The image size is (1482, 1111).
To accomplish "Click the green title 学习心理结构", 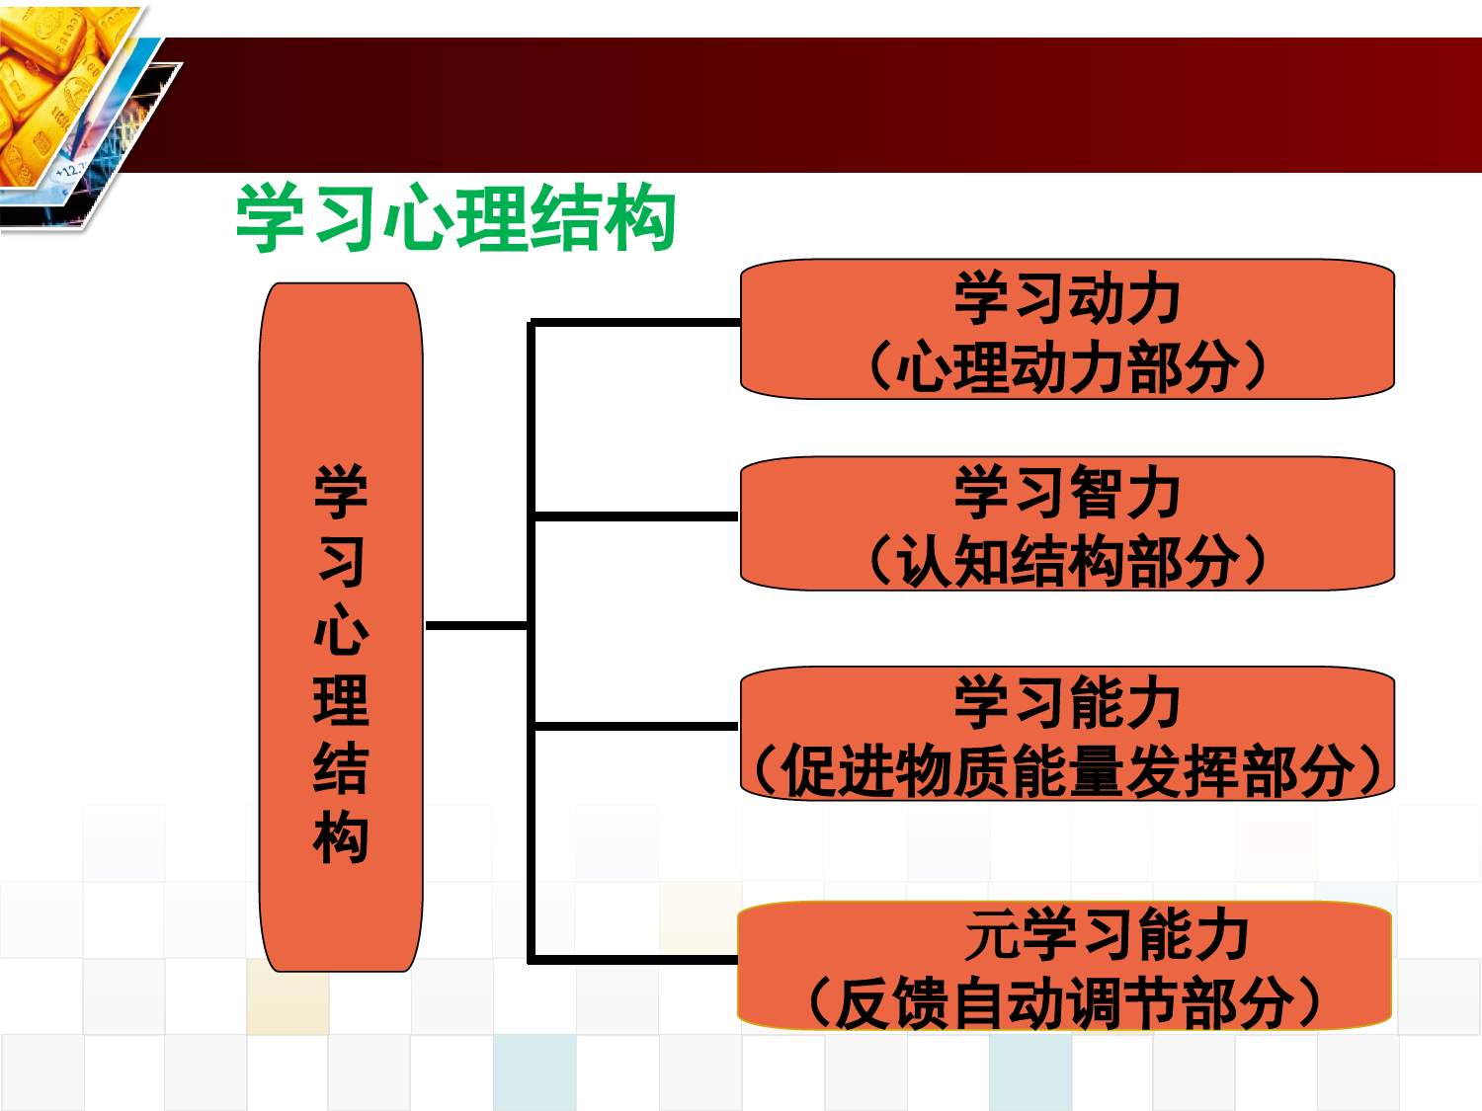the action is coord(455,217).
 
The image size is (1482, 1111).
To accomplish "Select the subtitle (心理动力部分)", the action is coord(1067,366).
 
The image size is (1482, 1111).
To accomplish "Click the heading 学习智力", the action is coord(1067,492).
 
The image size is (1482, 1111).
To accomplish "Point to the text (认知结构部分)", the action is coord(1067,560).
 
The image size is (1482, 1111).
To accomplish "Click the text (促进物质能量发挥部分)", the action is coord(1067,770).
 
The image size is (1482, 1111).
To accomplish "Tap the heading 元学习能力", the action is coord(1107,934).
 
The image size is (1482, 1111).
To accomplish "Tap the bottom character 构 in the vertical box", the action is coord(341,835).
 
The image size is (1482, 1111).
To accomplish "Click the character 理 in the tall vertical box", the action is coord(341,699).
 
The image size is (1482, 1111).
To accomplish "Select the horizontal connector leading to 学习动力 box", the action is coord(635,323).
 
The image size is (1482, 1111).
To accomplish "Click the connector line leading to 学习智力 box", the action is coord(635,516).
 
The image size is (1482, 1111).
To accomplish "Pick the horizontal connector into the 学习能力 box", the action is coord(635,727).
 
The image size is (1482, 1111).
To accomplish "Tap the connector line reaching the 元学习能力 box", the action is coord(633,959).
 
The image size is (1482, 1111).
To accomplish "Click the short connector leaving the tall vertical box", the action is coord(476,626).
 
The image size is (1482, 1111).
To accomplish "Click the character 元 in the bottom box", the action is coord(992,934).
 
